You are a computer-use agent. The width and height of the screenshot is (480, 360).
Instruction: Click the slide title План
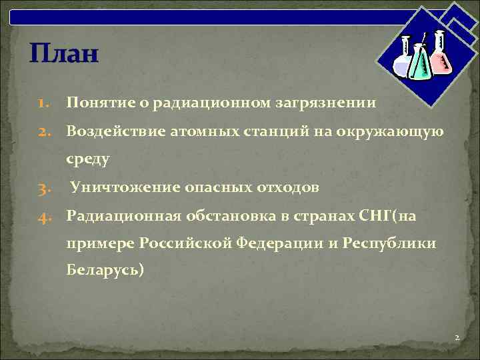tap(64, 53)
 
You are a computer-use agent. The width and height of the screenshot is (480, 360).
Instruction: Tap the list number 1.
tap(43, 104)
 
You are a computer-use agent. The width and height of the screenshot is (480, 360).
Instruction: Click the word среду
tap(88, 160)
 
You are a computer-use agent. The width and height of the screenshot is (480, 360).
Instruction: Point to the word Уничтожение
tap(124, 188)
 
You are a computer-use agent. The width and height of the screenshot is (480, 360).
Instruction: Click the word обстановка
tap(233, 216)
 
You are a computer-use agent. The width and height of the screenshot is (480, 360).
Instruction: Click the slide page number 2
tap(457, 338)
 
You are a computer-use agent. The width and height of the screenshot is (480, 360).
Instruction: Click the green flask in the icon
tap(418, 64)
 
